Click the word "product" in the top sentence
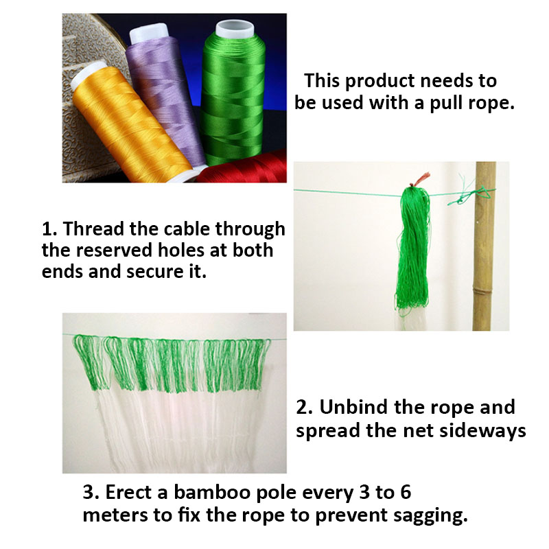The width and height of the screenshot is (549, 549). (377, 80)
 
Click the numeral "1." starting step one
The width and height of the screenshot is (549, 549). (50, 228)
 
